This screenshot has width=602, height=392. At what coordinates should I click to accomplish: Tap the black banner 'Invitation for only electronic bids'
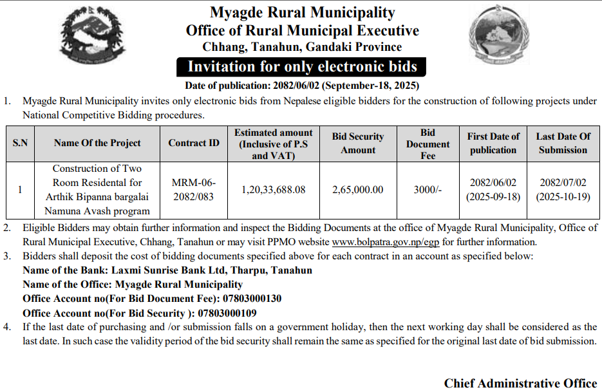pyautogui.click(x=301, y=67)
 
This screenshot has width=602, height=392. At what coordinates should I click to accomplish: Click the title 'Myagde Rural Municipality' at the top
pyautogui.click(x=302, y=12)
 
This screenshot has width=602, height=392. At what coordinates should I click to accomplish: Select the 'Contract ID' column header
pyautogui.click(x=194, y=143)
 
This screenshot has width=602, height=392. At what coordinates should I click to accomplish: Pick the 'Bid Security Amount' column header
pyautogui.click(x=357, y=143)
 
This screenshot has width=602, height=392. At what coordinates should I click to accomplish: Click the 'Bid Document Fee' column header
pyautogui.click(x=428, y=144)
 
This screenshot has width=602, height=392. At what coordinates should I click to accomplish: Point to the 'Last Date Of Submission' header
pyautogui.click(x=563, y=143)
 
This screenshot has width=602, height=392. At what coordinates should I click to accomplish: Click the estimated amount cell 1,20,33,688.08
pyautogui.click(x=273, y=189)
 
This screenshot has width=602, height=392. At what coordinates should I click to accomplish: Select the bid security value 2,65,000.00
pyautogui.click(x=357, y=189)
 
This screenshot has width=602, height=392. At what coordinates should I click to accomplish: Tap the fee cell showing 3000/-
pyautogui.click(x=428, y=189)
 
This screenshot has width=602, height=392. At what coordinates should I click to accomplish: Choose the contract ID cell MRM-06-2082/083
pyautogui.click(x=194, y=189)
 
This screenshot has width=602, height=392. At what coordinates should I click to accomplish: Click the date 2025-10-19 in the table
pyautogui.click(x=563, y=197)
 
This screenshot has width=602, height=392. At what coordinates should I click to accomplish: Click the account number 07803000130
pyautogui.click(x=252, y=299)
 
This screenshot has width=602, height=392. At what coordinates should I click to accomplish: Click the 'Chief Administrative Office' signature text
pyautogui.click(x=520, y=383)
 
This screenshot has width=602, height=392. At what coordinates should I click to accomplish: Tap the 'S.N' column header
pyautogui.click(x=20, y=143)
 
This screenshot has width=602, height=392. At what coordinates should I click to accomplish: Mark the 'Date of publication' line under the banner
pyautogui.click(x=302, y=85)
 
